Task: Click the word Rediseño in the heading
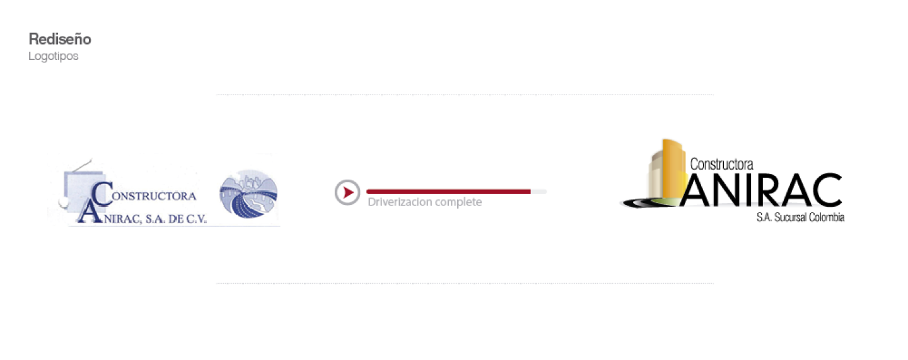[x=60, y=39]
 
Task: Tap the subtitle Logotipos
[x=54, y=56]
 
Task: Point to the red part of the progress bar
[x=448, y=191]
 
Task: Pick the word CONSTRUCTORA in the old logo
[x=153, y=196]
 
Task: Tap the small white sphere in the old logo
[x=62, y=202]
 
